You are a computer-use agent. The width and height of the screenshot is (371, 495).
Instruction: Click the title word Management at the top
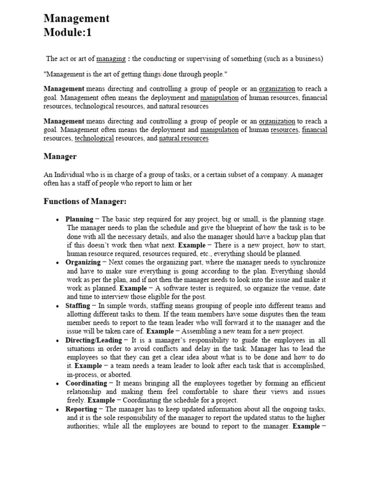pyautogui.click(x=76, y=19)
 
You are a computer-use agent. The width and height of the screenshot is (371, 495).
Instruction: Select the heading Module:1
pyautogui.click(x=67, y=33)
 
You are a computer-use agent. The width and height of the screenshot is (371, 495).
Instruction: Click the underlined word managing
pyautogui.click(x=110, y=59)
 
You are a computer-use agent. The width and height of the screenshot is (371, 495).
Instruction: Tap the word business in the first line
pyautogui.click(x=307, y=59)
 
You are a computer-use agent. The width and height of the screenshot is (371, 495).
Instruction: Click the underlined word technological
pyautogui.click(x=94, y=138)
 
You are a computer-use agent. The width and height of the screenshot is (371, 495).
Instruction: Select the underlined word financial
pyautogui.click(x=314, y=130)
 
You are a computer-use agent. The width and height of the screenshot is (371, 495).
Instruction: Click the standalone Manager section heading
pyautogui.click(x=60, y=157)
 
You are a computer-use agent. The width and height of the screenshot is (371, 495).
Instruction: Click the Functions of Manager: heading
pyautogui.click(x=85, y=202)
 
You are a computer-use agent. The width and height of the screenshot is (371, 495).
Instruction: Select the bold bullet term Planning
pyautogui.click(x=79, y=219)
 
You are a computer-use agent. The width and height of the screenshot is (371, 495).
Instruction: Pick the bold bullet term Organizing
pyautogui.click(x=83, y=262)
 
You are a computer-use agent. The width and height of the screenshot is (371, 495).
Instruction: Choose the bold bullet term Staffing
pyautogui.click(x=78, y=306)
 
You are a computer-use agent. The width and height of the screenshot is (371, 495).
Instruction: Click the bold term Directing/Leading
pyautogui.click(x=93, y=340)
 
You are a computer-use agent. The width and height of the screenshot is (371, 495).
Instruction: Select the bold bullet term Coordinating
pyautogui.click(x=86, y=383)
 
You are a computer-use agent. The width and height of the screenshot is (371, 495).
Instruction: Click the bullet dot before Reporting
pyautogui.click(x=58, y=409)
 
